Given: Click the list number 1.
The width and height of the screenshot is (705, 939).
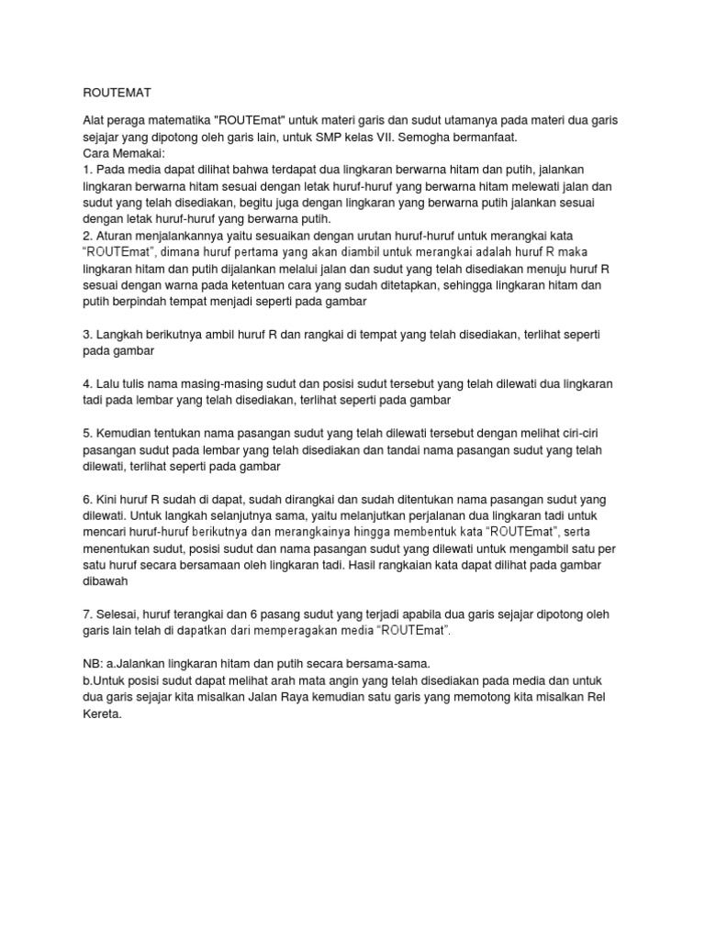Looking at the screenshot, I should point(87,171).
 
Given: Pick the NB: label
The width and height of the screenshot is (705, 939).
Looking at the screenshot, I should point(95,664).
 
